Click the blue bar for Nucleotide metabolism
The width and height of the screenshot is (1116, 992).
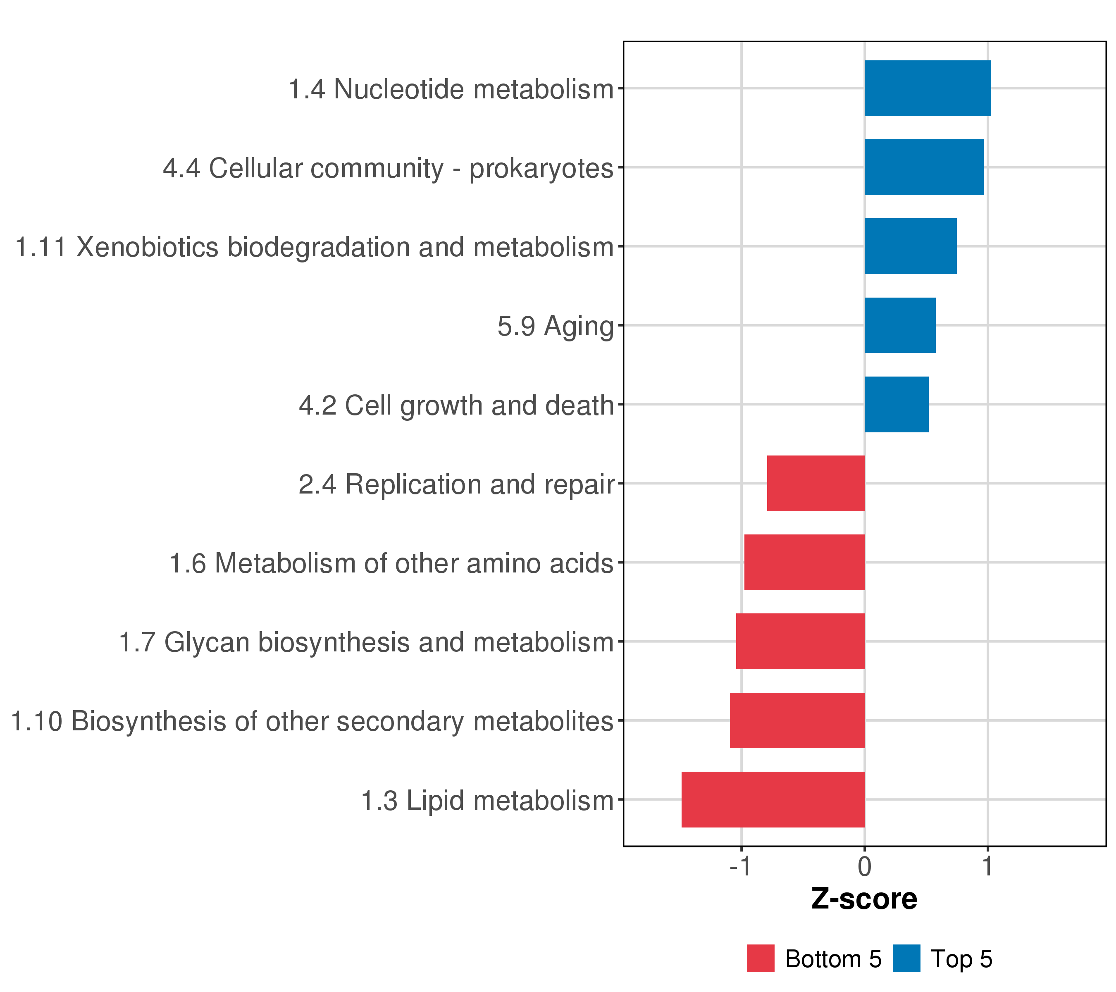[x=928, y=88]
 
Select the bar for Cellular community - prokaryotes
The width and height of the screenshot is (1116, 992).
[x=924, y=167]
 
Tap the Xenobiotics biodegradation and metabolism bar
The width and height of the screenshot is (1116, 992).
[x=911, y=246]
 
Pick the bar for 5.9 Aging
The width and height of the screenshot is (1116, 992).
[x=900, y=325]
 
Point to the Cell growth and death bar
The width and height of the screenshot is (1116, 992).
[x=897, y=405]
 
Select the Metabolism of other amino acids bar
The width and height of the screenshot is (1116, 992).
[x=805, y=562]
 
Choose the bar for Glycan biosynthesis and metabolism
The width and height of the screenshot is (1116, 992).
[x=800, y=641]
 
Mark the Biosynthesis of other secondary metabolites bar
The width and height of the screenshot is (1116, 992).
[x=798, y=721]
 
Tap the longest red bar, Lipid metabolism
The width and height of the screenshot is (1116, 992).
[x=773, y=799]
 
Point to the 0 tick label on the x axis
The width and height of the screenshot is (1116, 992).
[x=864, y=866]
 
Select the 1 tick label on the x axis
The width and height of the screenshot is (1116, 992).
[x=987, y=866]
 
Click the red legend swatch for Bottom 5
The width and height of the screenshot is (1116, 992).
[x=761, y=959]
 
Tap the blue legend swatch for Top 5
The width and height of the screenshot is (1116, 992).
[x=906, y=959]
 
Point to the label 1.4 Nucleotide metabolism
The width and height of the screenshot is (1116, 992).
[x=451, y=89]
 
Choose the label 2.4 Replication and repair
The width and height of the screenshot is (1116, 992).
[x=456, y=485]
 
